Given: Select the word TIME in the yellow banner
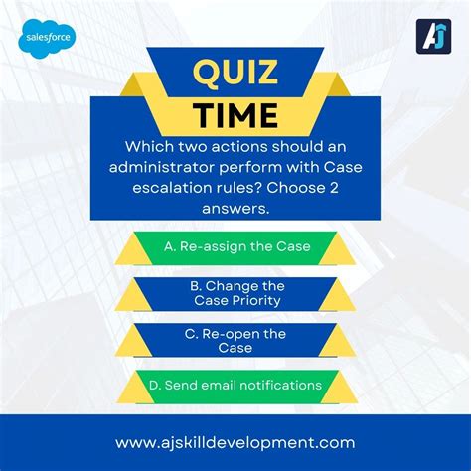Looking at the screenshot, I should coord(235,116).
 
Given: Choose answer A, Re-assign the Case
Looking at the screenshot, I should coord(235,246).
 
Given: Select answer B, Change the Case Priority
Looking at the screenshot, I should coord(235,293).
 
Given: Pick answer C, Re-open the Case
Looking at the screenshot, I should coord(235,341).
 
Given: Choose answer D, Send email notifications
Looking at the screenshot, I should coord(235,385).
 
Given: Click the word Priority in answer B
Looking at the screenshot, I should coord(256,300).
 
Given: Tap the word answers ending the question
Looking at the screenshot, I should coord(235,209).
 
